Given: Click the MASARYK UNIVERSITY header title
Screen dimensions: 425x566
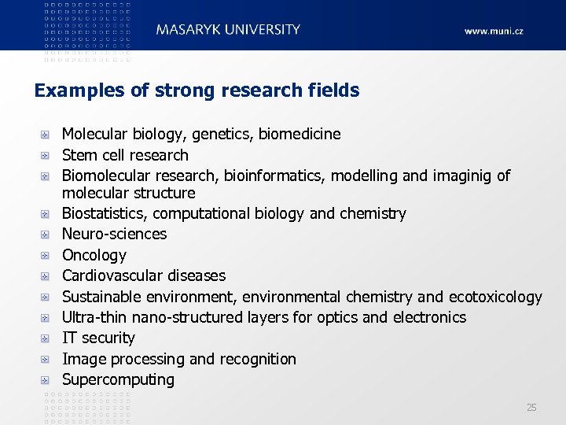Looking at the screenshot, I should pos(228,30).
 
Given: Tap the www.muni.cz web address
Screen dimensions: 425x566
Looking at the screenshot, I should pos(493,31).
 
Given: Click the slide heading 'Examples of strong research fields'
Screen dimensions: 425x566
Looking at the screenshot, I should pos(197,91).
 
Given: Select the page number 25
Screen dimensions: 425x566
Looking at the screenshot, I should pos(531,407).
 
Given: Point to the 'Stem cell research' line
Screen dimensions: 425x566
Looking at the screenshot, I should pos(125,155).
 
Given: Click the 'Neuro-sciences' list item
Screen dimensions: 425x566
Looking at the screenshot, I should pos(114,234).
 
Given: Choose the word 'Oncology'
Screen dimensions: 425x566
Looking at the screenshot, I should pos(94,255).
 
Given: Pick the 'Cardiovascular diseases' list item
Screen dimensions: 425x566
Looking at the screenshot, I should pos(143,275).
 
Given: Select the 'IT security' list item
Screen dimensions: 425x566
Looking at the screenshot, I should pos(98,338).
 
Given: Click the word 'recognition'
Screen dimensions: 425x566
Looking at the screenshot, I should pos(257,359).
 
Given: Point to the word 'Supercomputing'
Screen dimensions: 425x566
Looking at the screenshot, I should pos(118,379).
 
